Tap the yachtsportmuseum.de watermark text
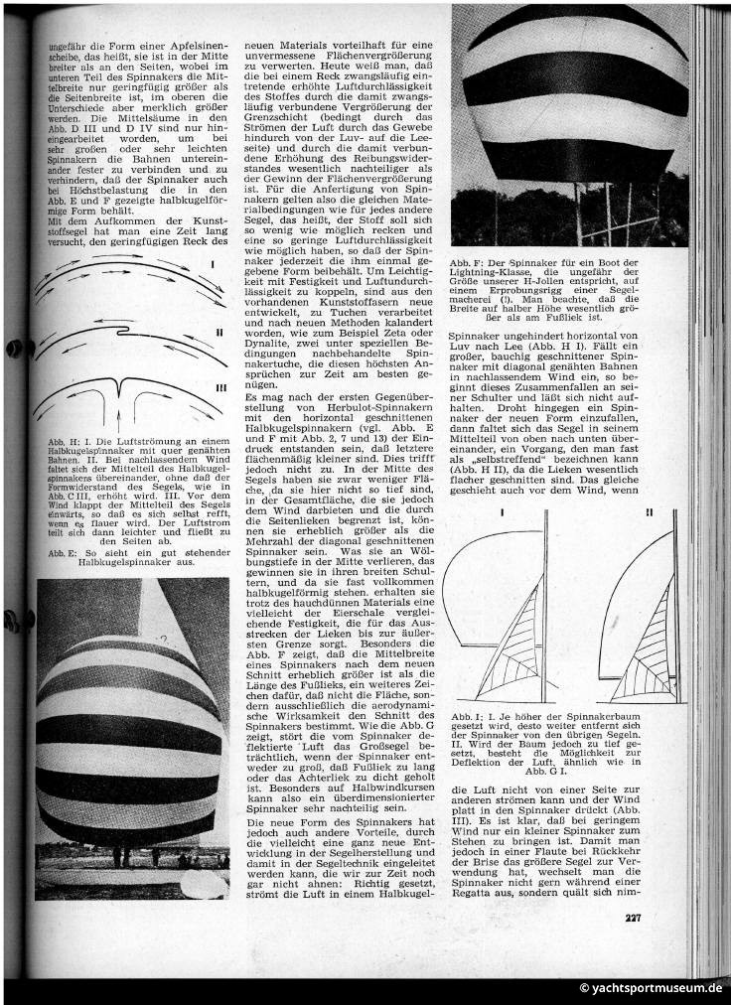pos(652,988)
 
